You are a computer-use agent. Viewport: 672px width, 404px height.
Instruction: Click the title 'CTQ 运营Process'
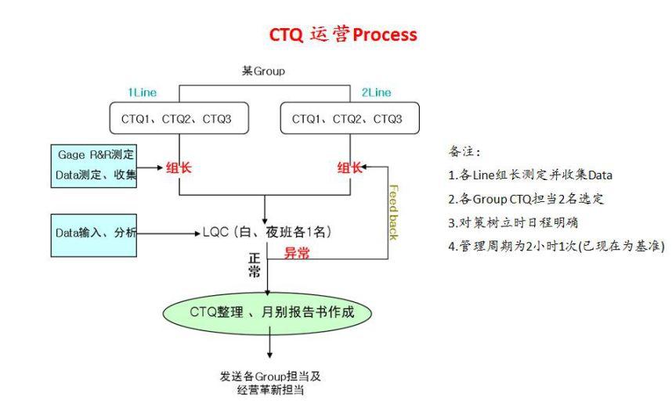[x=343, y=35]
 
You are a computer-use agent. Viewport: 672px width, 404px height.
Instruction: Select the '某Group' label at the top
[x=263, y=71]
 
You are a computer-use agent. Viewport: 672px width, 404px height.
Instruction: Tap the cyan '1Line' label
[x=143, y=92]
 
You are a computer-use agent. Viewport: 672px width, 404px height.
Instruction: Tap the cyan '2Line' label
[x=377, y=92]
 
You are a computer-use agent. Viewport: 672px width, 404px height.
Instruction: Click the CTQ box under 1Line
[x=181, y=119]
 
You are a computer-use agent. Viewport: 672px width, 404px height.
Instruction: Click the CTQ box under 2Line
[x=349, y=119]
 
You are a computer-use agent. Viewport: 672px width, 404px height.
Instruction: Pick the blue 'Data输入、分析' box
[x=95, y=233]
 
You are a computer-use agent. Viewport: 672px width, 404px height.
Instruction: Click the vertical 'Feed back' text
[x=393, y=211]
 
